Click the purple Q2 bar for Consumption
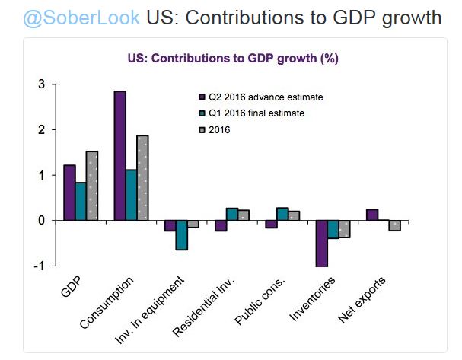[119, 156]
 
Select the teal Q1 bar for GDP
[81, 202]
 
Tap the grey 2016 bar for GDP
[92, 186]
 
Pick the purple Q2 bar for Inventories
[323, 244]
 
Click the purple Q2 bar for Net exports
[372, 215]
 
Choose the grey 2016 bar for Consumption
[142, 178]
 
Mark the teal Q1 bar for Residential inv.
[231, 214]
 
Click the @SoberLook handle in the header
[70, 16]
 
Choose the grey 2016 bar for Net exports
[394, 225]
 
